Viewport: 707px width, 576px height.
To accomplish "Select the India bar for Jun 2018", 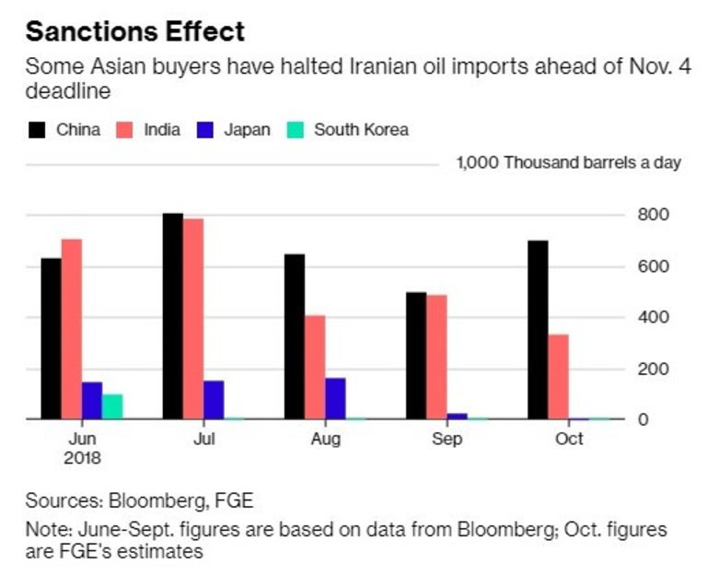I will coord(72,329).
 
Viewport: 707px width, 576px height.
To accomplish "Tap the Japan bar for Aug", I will coord(335,398).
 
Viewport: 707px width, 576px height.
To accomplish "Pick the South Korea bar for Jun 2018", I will coord(112,406).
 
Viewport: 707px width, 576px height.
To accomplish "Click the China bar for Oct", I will coord(538,330).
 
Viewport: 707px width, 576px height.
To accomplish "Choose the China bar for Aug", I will coord(295,336).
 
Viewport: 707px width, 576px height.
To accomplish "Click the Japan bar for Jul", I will coord(214,400).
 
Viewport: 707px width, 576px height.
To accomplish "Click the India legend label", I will coord(162,130).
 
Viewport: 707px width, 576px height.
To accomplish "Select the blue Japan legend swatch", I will coord(204,130).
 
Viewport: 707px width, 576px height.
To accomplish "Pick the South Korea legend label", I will coord(361,130).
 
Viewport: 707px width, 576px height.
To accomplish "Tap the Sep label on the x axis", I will coord(447,440).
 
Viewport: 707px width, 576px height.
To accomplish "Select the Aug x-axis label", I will coord(325,440).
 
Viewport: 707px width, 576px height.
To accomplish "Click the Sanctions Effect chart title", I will coord(135,31).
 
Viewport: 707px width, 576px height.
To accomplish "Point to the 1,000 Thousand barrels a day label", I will coord(568,163).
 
